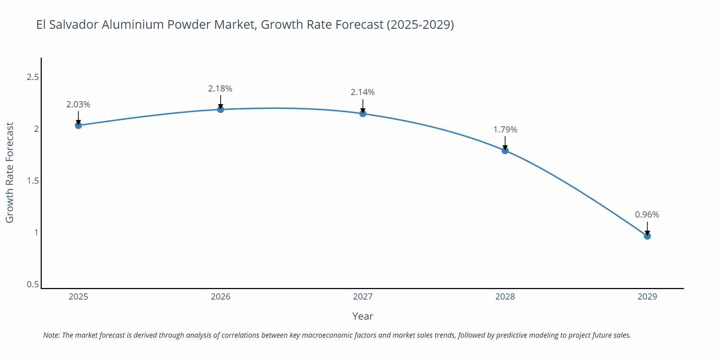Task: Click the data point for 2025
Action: pyautogui.click(x=78, y=125)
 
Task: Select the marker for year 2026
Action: pyautogui.click(x=221, y=109)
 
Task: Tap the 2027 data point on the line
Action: pyautogui.click(x=363, y=114)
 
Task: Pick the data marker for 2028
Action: pyautogui.click(x=505, y=150)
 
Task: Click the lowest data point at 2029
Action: pyautogui.click(x=647, y=236)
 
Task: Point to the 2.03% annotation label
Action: pyautogui.click(x=78, y=104)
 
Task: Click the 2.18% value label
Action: pyautogui.click(x=220, y=89)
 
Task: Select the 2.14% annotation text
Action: pyautogui.click(x=363, y=92)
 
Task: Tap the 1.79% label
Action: pyautogui.click(x=505, y=130)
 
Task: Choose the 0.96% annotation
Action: pyautogui.click(x=647, y=215)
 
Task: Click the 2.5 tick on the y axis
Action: pyautogui.click(x=33, y=77)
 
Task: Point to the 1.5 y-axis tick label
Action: pyautogui.click(x=33, y=181)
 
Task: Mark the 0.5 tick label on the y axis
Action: pyautogui.click(x=33, y=284)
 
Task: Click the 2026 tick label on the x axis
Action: pyautogui.click(x=221, y=297)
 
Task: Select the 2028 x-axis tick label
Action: pyautogui.click(x=505, y=297)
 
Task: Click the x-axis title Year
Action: pyautogui.click(x=363, y=316)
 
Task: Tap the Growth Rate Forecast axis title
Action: pyautogui.click(x=10, y=172)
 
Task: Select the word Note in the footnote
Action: pyautogui.click(x=51, y=335)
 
